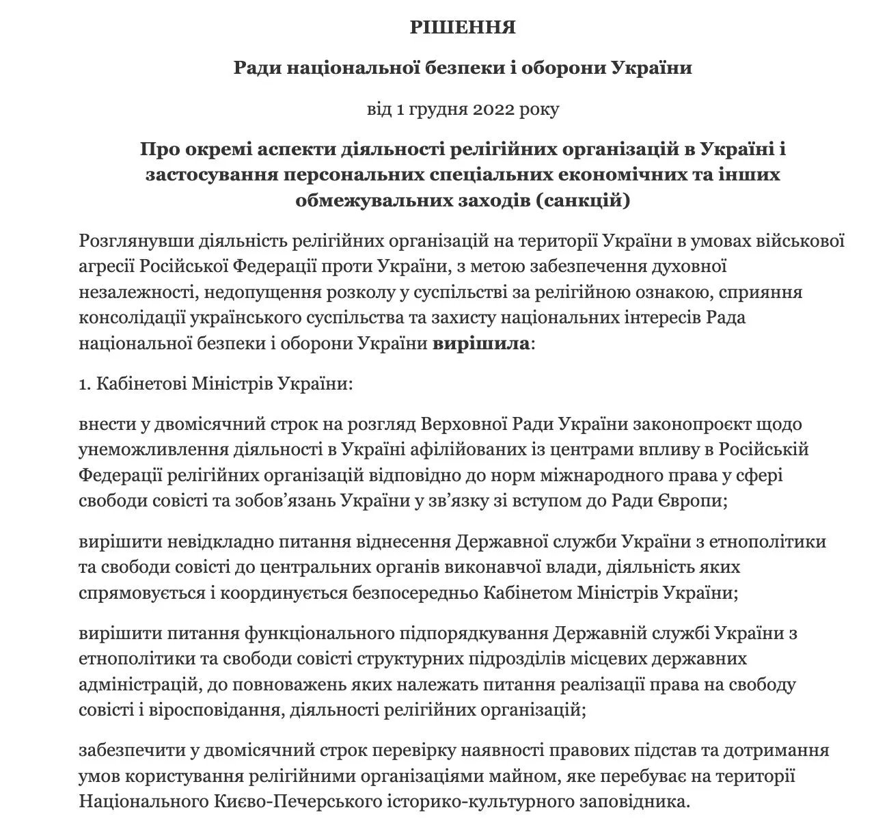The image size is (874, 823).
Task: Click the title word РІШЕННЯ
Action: coord(462,27)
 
